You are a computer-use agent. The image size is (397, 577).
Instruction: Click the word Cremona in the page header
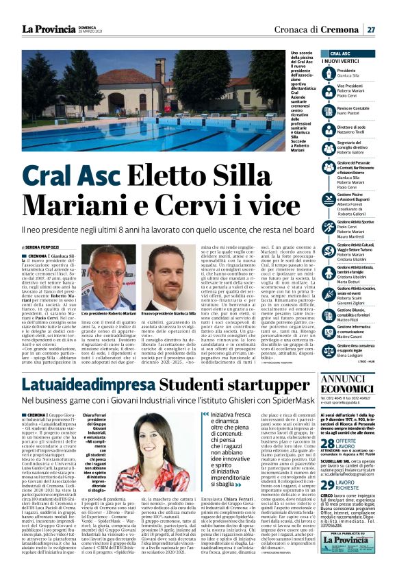coord(342,29)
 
